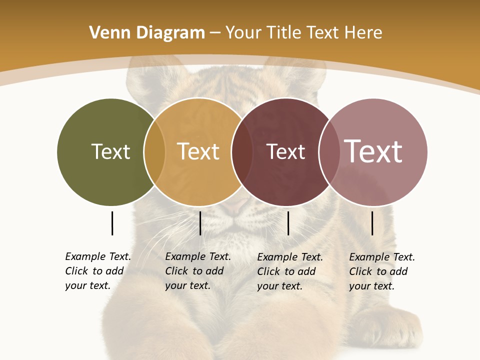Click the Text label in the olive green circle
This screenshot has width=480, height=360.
tap(110, 151)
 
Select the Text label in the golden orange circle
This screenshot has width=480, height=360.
tap(198, 151)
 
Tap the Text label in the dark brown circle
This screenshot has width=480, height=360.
tap(285, 151)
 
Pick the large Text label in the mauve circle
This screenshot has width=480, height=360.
tap(373, 151)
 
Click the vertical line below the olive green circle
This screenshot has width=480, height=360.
tap(112, 223)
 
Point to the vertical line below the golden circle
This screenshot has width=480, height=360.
tap(200, 223)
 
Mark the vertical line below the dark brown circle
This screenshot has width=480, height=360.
tap(288, 223)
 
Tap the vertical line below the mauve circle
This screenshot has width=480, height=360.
tap(372, 223)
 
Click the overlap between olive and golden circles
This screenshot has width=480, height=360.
tap(154, 151)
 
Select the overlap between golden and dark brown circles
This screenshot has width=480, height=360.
tap(242, 151)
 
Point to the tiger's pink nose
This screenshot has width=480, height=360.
tap(235, 204)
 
